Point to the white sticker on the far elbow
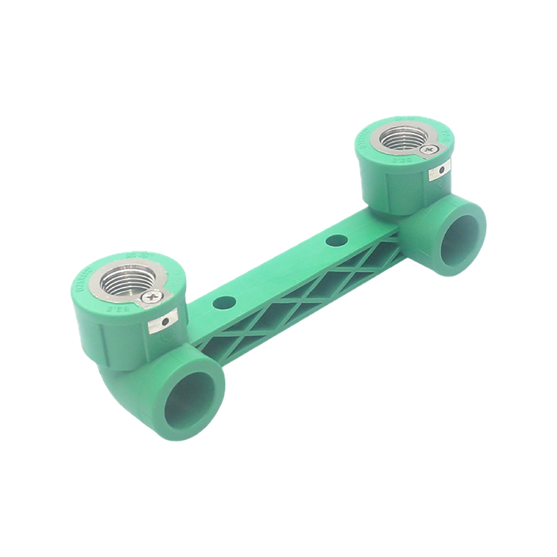tap(441, 171)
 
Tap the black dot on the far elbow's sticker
tap(441, 171)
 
